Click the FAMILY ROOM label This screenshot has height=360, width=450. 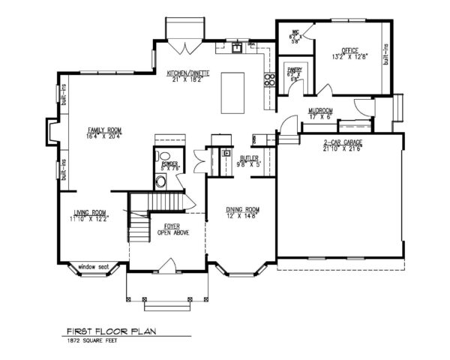click(x=104, y=130)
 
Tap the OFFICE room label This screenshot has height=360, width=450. click(x=346, y=49)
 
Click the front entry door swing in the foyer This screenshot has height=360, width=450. click(x=169, y=263)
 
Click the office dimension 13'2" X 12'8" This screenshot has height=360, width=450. click(x=349, y=56)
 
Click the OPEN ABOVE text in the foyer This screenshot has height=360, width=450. click(x=172, y=233)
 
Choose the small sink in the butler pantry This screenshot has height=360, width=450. click(x=224, y=154)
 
